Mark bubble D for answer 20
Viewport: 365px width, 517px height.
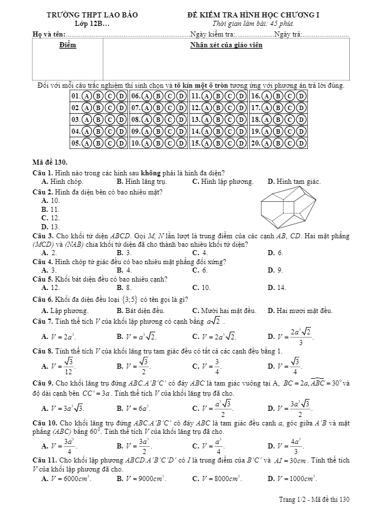(x=301, y=143)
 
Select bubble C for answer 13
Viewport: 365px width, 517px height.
(x=229, y=119)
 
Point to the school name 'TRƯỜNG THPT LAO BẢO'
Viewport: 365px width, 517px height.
(x=93, y=15)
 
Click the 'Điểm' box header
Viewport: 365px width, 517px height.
(x=68, y=44)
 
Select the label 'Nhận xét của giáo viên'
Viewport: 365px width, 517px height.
(x=226, y=44)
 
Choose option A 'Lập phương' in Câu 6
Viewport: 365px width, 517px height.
(x=65, y=310)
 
